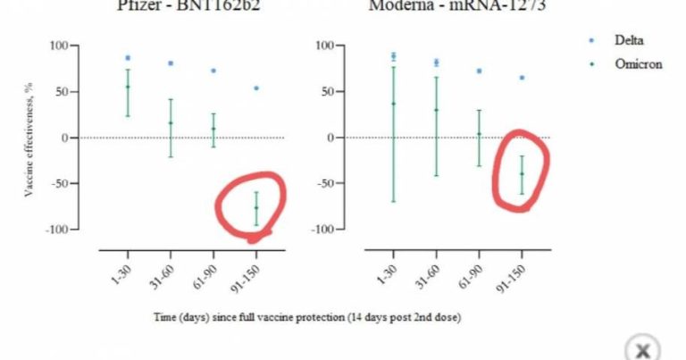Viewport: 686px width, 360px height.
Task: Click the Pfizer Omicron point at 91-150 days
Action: (256, 208)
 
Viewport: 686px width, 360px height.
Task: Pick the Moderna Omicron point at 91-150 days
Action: (522, 173)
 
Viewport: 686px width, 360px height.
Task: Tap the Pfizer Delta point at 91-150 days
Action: (256, 88)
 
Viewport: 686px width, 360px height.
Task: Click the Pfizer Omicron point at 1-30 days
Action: (128, 87)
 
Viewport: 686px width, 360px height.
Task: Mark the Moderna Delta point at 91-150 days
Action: (522, 78)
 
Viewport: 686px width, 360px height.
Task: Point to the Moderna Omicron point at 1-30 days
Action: (393, 104)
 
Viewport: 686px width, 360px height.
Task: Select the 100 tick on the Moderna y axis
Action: (324, 46)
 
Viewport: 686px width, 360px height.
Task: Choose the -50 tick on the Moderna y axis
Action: (324, 184)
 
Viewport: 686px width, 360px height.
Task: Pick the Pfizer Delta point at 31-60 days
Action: (171, 63)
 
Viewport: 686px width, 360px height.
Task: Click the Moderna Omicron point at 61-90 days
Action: (479, 134)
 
